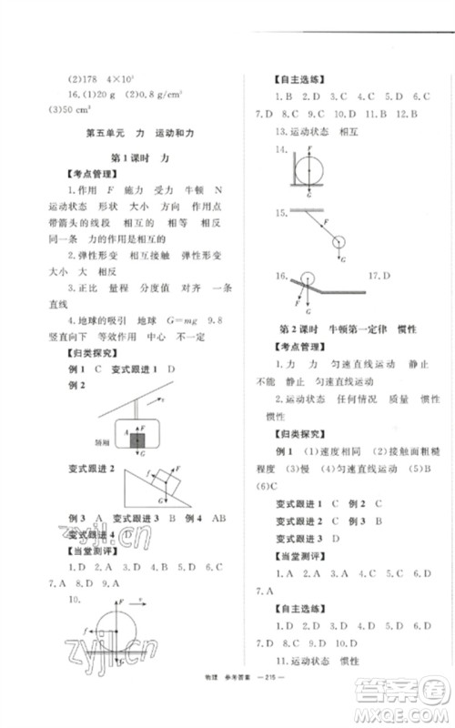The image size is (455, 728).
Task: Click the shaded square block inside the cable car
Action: pos(136,442)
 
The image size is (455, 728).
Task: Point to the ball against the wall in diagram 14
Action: pos(317,169)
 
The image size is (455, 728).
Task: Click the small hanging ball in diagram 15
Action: pos(339,242)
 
